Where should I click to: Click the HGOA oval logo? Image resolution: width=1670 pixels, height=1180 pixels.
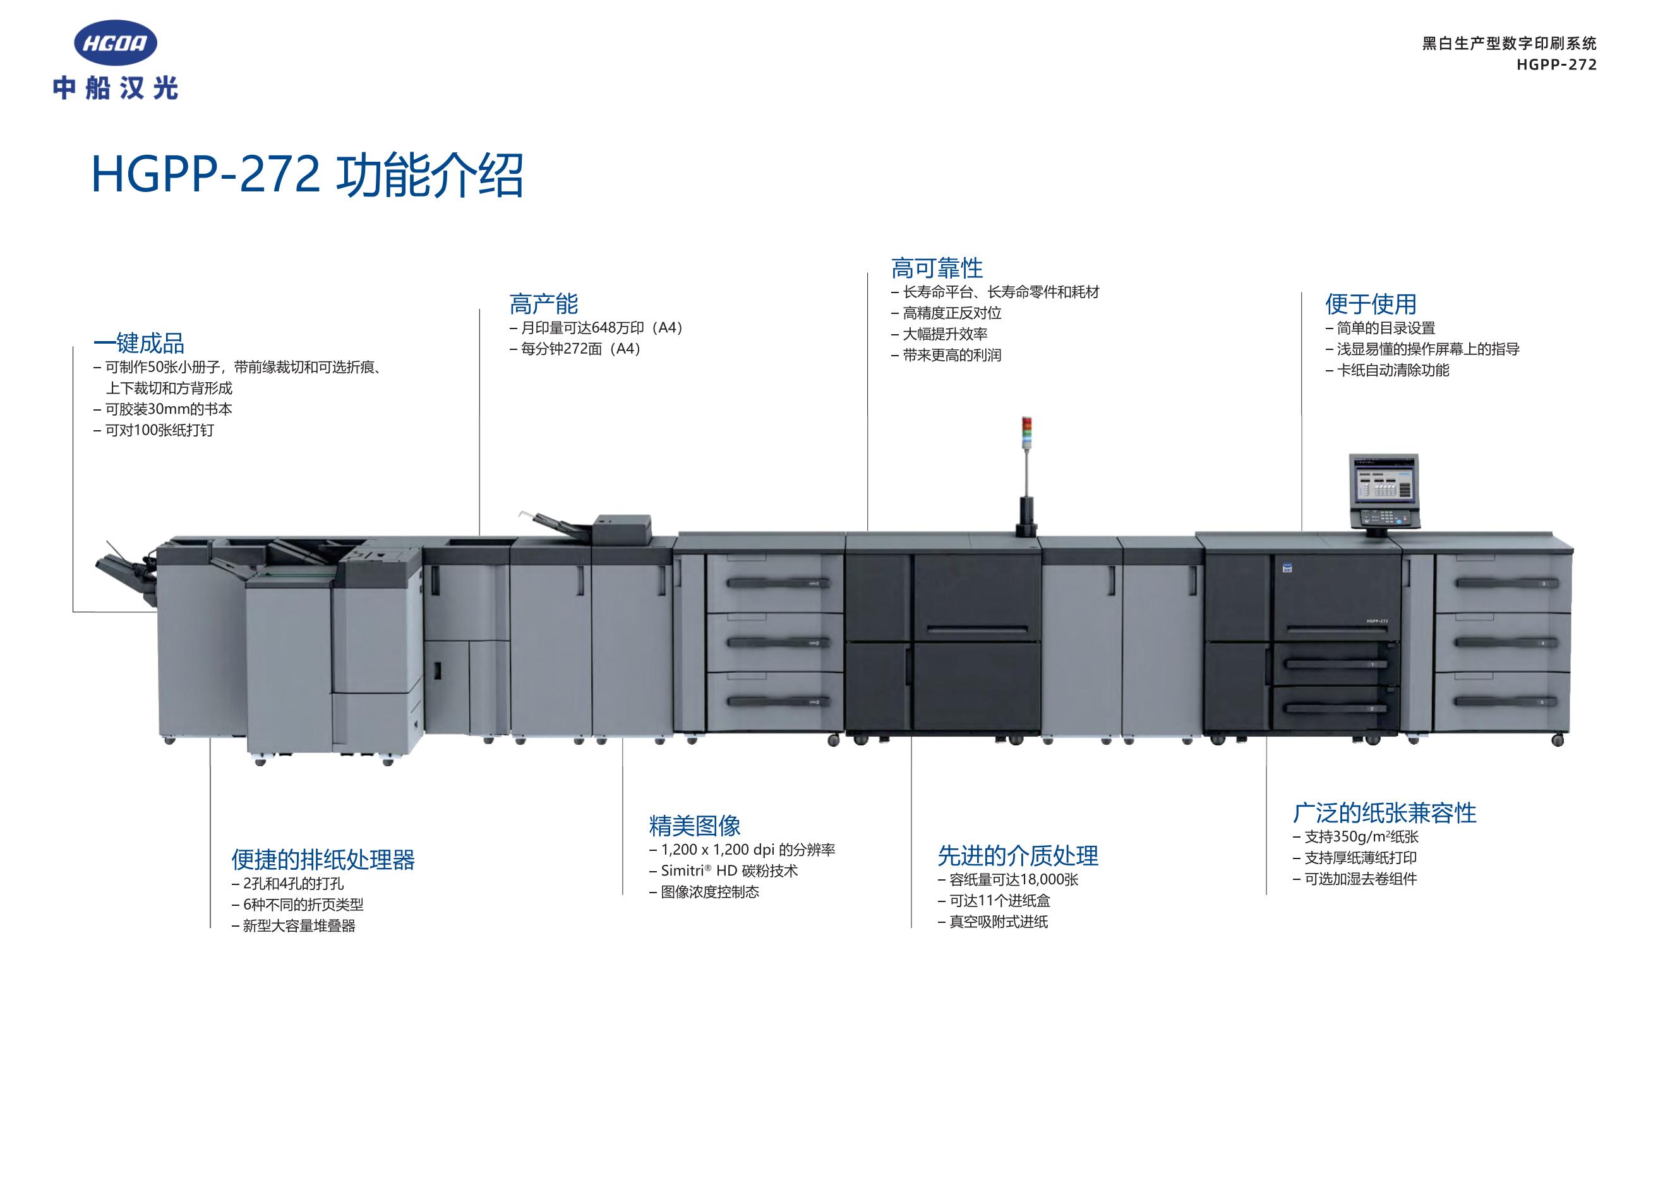(116, 43)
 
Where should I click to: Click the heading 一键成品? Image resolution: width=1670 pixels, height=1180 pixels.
(139, 342)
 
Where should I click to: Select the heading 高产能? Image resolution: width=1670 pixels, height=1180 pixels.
(543, 303)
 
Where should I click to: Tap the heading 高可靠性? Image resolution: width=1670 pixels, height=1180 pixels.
(937, 268)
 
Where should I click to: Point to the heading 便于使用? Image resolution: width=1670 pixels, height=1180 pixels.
(1371, 303)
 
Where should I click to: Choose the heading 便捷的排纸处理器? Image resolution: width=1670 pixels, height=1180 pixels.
(323, 859)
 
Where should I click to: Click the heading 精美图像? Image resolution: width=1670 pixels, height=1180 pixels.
(695, 825)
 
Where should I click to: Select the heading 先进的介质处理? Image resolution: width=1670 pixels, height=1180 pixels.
(1018, 855)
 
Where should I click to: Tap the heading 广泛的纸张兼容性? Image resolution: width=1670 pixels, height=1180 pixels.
(1384, 812)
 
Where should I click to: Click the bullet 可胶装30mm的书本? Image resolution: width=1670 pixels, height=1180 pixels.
(163, 409)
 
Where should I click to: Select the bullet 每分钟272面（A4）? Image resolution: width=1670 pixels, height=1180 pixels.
(576, 349)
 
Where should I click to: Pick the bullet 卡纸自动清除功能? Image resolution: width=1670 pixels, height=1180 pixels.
(1387, 370)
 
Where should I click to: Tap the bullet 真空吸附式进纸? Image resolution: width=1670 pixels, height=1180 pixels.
(993, 922)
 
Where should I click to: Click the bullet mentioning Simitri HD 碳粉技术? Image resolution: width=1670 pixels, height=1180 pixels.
(724, 870)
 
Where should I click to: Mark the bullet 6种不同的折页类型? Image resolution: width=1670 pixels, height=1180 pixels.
(297, 905)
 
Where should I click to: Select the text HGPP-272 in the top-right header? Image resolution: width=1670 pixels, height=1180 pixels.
(1556, 64)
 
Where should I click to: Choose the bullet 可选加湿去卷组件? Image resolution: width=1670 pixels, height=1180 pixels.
(1354, 879)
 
